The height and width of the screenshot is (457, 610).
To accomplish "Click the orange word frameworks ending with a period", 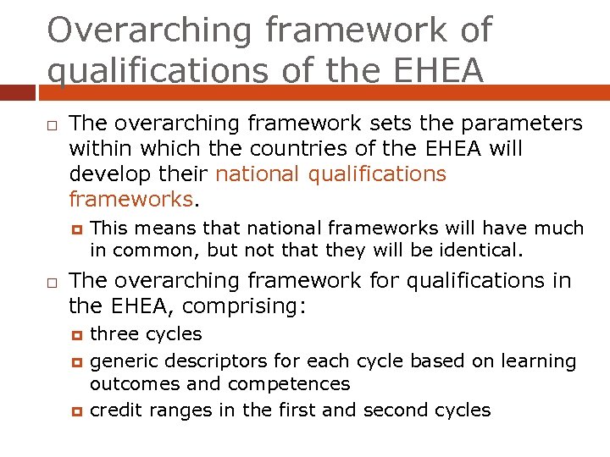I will coord(131,200).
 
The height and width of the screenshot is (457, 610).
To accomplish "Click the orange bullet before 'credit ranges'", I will coord(75,411).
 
